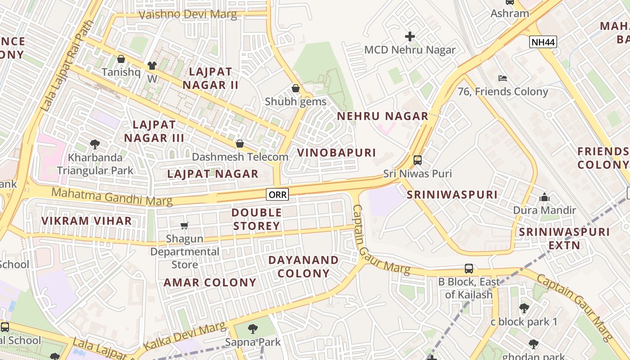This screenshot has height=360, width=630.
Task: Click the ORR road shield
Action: (277, 194)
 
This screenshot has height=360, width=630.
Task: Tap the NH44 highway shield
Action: (543, 42)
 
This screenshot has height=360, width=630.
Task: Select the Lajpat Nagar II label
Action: (211, 78)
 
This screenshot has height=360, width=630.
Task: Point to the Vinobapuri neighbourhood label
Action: (337, 153)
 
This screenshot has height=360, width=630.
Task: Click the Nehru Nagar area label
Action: (382, 116)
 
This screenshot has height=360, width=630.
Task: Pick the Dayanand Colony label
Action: (303, 266)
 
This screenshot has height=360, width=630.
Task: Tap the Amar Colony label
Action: (210, 283)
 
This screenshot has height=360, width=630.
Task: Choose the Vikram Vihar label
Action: (86, 221)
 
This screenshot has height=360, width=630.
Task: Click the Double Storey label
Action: (256, 219)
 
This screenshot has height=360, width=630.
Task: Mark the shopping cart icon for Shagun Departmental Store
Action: (184, 225)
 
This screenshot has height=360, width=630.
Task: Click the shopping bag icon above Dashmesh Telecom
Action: (240, 144)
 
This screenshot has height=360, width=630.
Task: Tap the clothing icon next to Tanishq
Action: (152, 66)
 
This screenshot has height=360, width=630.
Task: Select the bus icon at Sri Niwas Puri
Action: (417, 160)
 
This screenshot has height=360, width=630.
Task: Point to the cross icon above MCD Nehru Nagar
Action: (409, 36)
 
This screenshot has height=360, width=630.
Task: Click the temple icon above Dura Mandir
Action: (544, 197)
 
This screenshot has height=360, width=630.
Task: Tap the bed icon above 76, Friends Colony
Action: (503, 78)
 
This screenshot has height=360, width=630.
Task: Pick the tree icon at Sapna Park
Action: (253, 329)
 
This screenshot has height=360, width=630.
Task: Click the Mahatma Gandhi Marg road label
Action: (112, 197)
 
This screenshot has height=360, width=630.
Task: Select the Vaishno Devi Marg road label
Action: (188, 14)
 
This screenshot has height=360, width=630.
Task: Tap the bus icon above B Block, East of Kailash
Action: (468, 269)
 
